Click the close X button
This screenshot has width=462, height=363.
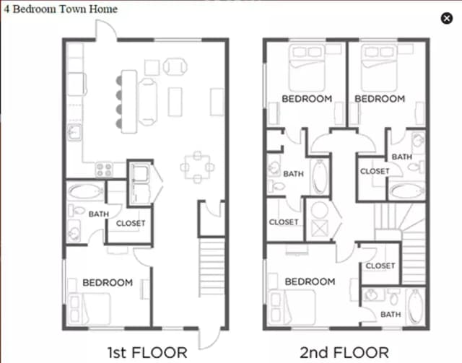(x=447, y=18)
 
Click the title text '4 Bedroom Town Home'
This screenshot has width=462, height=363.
(x=61, y=9)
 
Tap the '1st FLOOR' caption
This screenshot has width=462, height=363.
(x=147, y=353)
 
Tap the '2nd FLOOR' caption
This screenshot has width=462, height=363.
(x=344, y=353)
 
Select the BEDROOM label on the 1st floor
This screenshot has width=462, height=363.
(x=108, y=283)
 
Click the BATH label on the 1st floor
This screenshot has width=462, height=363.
(x=99, y=214)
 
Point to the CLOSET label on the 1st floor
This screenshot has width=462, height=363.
(x=131, y=223)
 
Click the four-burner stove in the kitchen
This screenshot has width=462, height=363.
(x=104, y=170)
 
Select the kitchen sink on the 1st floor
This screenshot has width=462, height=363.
(x=74, y=132)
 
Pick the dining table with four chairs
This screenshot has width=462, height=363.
(x=197, y=167)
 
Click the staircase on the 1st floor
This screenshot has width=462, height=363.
(x=212, y=267)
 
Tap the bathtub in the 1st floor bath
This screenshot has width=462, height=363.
(x=85, y=191)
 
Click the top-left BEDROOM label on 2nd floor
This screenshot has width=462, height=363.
(x=307, y=99)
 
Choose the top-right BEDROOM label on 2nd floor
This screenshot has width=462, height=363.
(x=380, y=99)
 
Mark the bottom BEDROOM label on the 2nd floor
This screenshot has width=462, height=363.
(x=310, y=281)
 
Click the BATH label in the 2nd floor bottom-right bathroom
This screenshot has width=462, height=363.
(x=391, y=315)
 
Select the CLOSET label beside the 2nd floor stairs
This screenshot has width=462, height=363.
(x=380, y=266)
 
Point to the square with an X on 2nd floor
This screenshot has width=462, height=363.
(x=320, y=228)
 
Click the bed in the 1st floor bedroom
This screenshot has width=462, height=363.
(x=90, y=309)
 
